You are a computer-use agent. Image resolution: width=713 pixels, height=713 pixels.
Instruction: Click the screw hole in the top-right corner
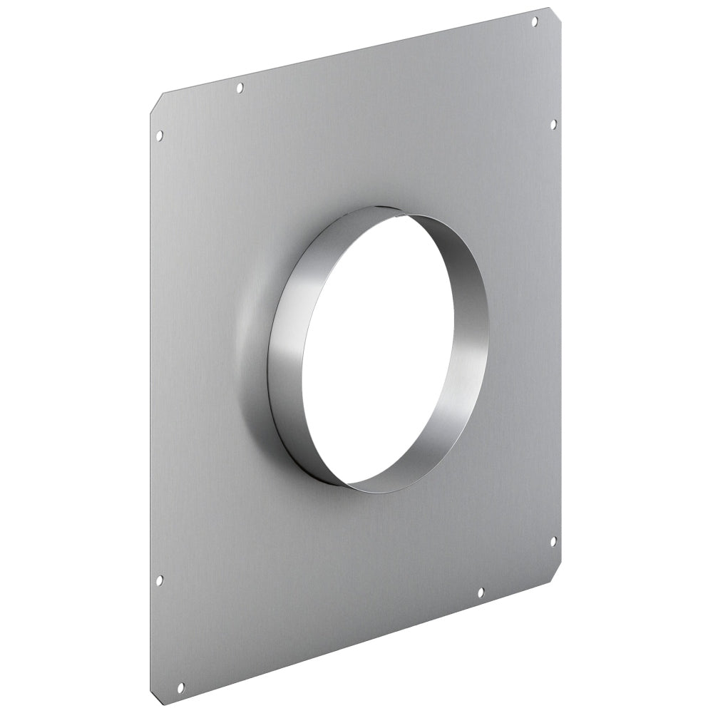535,22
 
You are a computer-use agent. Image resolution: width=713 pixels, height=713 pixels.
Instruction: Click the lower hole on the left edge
159,580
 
